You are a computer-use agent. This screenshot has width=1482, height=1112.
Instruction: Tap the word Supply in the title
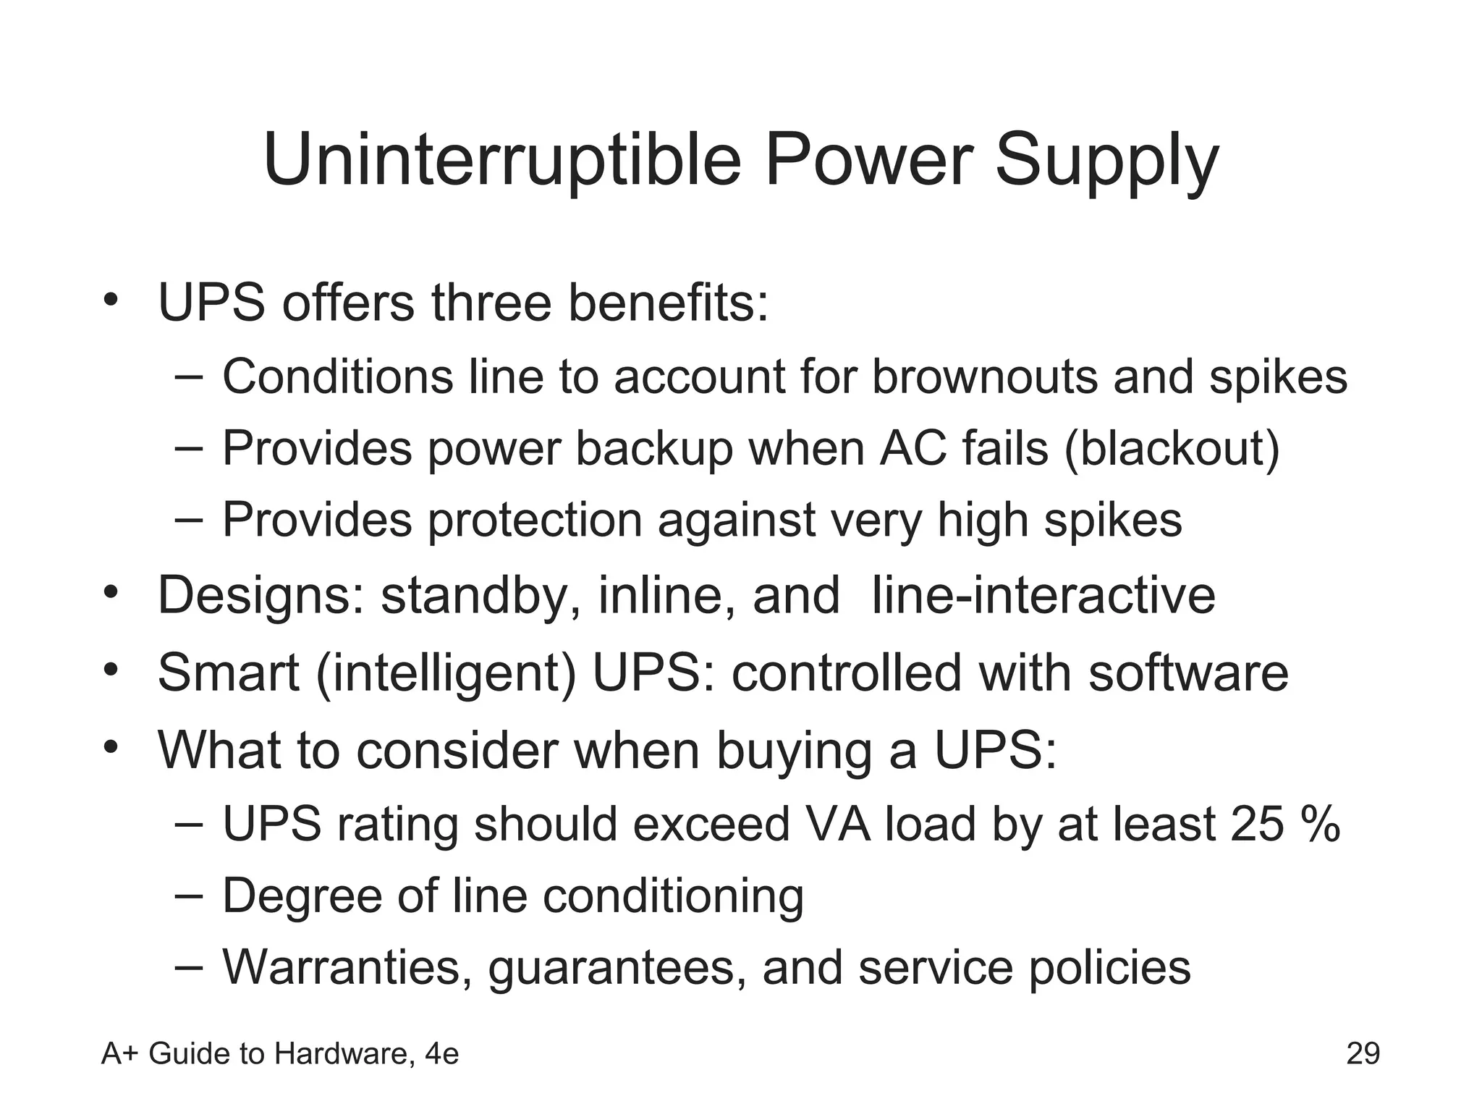point(1106,161)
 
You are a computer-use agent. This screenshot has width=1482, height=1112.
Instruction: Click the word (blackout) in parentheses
point(1172,449)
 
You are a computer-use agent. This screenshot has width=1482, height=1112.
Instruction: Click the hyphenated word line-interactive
point(1043,595)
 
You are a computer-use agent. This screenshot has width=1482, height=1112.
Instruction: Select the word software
point(1188,673)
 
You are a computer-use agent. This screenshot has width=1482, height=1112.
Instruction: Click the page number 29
point(1363,1053)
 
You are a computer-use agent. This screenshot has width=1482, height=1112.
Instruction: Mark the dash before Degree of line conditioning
point(189,895)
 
